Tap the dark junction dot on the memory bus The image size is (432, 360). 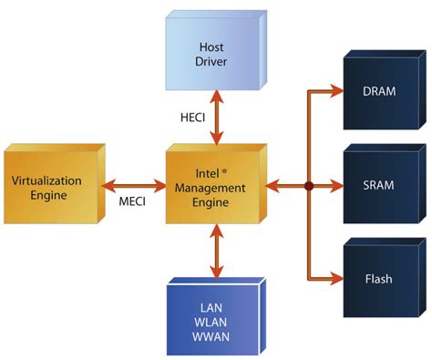(308, 185)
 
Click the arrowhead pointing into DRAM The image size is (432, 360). (335, 93)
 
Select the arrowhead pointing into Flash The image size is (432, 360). (335, 277)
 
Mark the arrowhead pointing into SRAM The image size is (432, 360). (335, 185)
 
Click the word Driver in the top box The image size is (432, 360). (215, 61)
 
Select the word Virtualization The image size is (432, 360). (46, 180)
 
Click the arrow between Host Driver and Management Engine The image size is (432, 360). (216, 118)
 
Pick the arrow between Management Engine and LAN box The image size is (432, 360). (216, 253)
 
